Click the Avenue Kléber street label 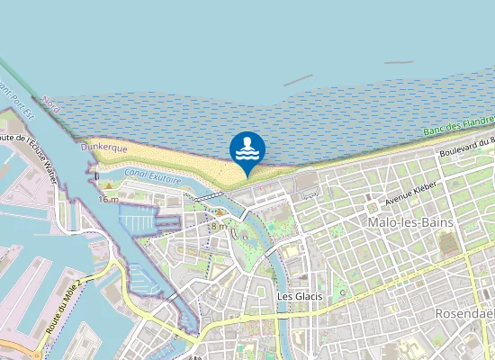(410, 193)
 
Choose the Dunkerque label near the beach (104, 146)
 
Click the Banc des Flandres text (459, 126)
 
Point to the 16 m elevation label (108, 199)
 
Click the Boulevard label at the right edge (468, 148)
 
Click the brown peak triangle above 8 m (220, 212)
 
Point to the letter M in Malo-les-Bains (373, 221)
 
